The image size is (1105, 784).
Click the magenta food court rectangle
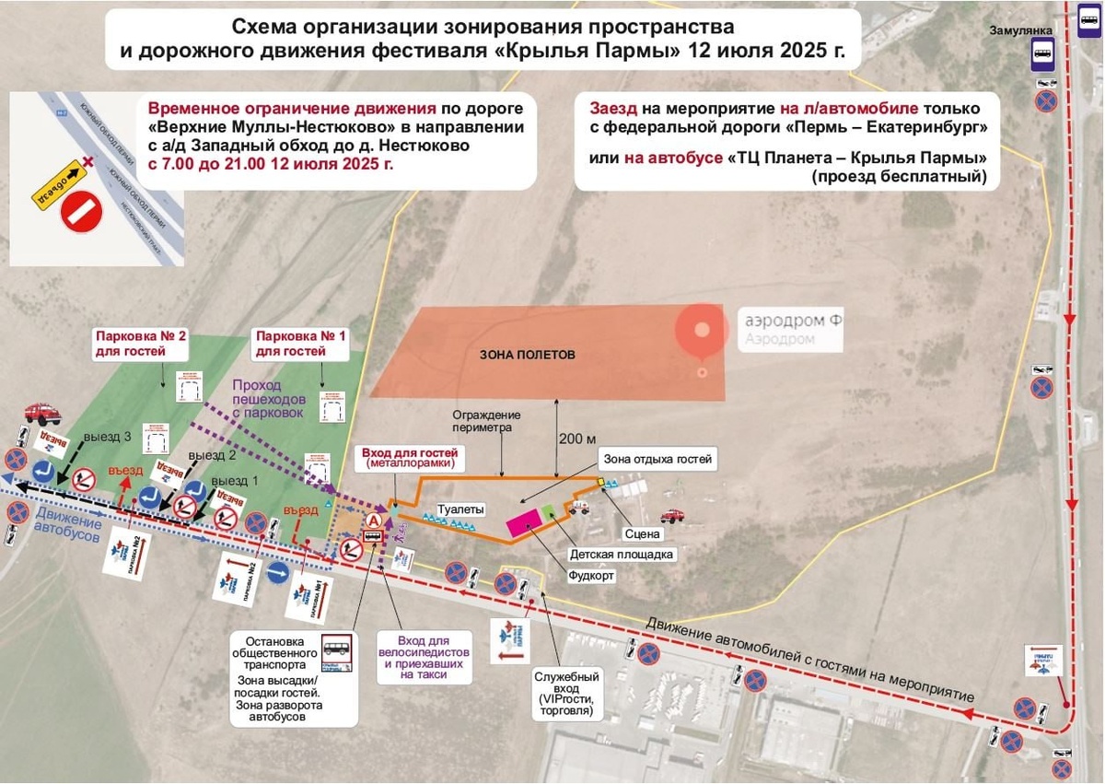[x=526, y=521]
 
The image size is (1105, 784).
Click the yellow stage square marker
[x=600, y=482]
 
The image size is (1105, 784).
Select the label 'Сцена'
[x=642, y=533]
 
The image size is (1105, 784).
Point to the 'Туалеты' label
[x=460, y=509]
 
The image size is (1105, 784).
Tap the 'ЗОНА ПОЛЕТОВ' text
[x=527, y=354]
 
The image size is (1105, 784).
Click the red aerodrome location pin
[x=703, y=333]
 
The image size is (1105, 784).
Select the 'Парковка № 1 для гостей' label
[x=301, y=344]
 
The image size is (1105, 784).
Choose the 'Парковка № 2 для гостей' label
[x=140, y=344]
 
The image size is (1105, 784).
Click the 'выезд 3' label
[x=108, y=437]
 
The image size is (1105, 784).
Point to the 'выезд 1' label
[x=235, y=481]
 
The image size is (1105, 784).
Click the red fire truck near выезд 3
[x=42, y=413]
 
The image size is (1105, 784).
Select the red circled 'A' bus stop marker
[x=374, y=521]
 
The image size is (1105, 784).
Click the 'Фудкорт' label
[x=592, y=575]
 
